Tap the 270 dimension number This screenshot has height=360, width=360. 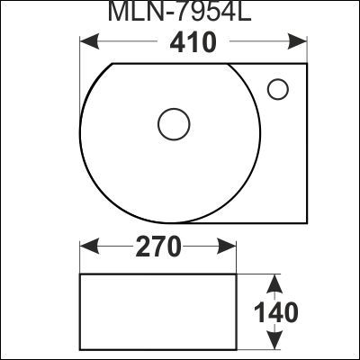click(x=157, y=247)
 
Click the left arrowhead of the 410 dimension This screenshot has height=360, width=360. click(x=86, y=41)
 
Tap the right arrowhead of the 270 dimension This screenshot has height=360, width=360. click(x=231, y=246)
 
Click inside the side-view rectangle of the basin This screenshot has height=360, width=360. click(x=158, y=310)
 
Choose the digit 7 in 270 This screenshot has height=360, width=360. click(x=157, y=247)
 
